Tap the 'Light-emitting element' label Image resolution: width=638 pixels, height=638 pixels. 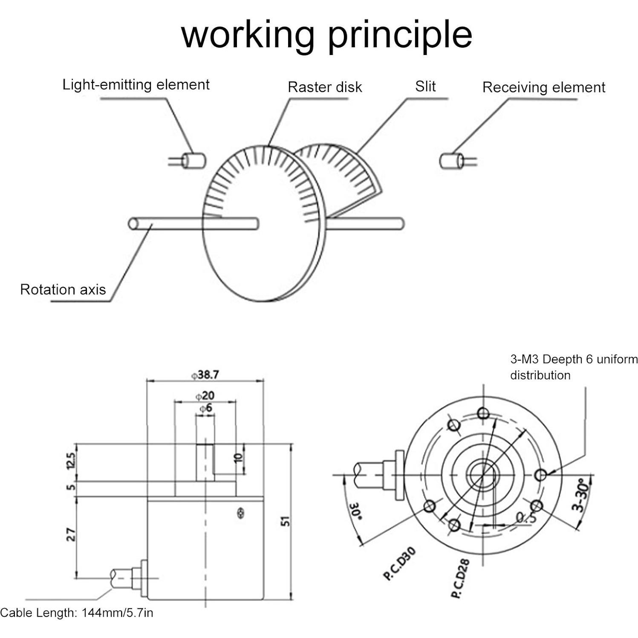[136, 84]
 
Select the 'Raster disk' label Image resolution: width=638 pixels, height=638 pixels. [325, 87]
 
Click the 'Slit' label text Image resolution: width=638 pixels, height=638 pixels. [425, 86]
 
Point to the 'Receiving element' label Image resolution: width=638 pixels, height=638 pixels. [543, 87]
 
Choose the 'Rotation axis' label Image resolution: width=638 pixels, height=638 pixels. [63, 290]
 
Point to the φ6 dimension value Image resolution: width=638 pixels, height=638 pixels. [205, 408]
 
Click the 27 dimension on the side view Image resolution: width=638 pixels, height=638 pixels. [72, 535]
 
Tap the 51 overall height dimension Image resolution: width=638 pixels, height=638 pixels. [286, 521]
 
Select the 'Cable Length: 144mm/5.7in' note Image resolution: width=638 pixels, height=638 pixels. [77, 613]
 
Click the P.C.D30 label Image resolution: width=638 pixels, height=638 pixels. [399, 563]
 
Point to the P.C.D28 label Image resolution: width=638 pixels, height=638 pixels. [461, 578]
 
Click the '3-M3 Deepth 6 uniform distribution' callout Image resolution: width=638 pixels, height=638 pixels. [574, 367]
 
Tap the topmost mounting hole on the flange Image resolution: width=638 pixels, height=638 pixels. [483, 413]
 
